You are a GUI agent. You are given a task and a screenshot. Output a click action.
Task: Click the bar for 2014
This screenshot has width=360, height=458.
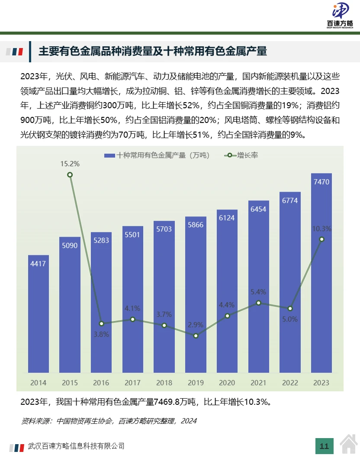tap(39, 314)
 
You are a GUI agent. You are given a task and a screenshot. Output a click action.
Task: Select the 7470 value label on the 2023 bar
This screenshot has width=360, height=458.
tap(321, 182)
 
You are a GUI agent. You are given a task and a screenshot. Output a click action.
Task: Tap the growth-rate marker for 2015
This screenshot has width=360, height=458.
tap(70, 175)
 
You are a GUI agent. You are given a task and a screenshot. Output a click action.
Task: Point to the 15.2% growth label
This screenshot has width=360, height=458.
tap(70, 164)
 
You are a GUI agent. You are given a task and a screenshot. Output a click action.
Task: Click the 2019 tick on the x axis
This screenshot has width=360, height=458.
tap(196, 383)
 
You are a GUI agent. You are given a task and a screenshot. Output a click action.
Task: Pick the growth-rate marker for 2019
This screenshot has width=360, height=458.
tap(196, 335)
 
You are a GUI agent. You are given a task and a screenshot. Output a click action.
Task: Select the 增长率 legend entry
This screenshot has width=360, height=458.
tap(242, 155)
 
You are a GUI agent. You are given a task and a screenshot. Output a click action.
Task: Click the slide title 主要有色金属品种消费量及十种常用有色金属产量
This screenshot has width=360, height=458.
tap(153, 52)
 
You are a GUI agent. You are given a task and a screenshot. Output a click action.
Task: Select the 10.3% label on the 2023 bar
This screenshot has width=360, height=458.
tap(321, 229)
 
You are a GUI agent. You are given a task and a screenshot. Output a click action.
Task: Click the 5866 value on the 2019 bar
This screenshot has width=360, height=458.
tap(196, 225)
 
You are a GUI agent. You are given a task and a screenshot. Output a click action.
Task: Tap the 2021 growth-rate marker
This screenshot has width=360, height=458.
tap(258, 303)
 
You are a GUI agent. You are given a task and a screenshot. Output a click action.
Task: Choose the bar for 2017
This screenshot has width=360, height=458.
tap(133, 299)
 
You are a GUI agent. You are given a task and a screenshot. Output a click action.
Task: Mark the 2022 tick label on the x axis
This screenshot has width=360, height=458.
tap(290, 383)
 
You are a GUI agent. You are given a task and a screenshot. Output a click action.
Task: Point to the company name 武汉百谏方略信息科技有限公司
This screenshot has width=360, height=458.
tap(76, 445)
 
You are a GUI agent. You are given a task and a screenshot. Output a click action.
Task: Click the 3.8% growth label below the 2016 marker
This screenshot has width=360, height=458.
tap(101, 334)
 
